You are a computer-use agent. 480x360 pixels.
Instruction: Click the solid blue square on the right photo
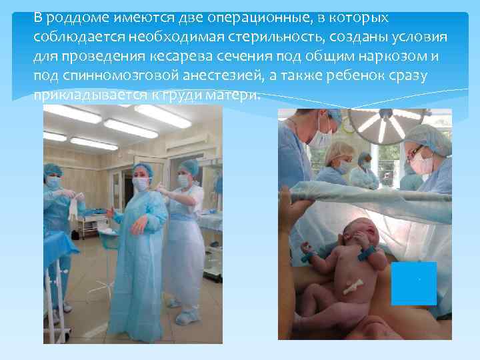(414, 283)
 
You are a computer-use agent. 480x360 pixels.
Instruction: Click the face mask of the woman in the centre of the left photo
(141, 184)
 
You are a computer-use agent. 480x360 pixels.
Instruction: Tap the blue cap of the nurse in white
(190, 165)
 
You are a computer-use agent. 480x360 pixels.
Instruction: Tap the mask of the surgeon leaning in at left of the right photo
(321, 138)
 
